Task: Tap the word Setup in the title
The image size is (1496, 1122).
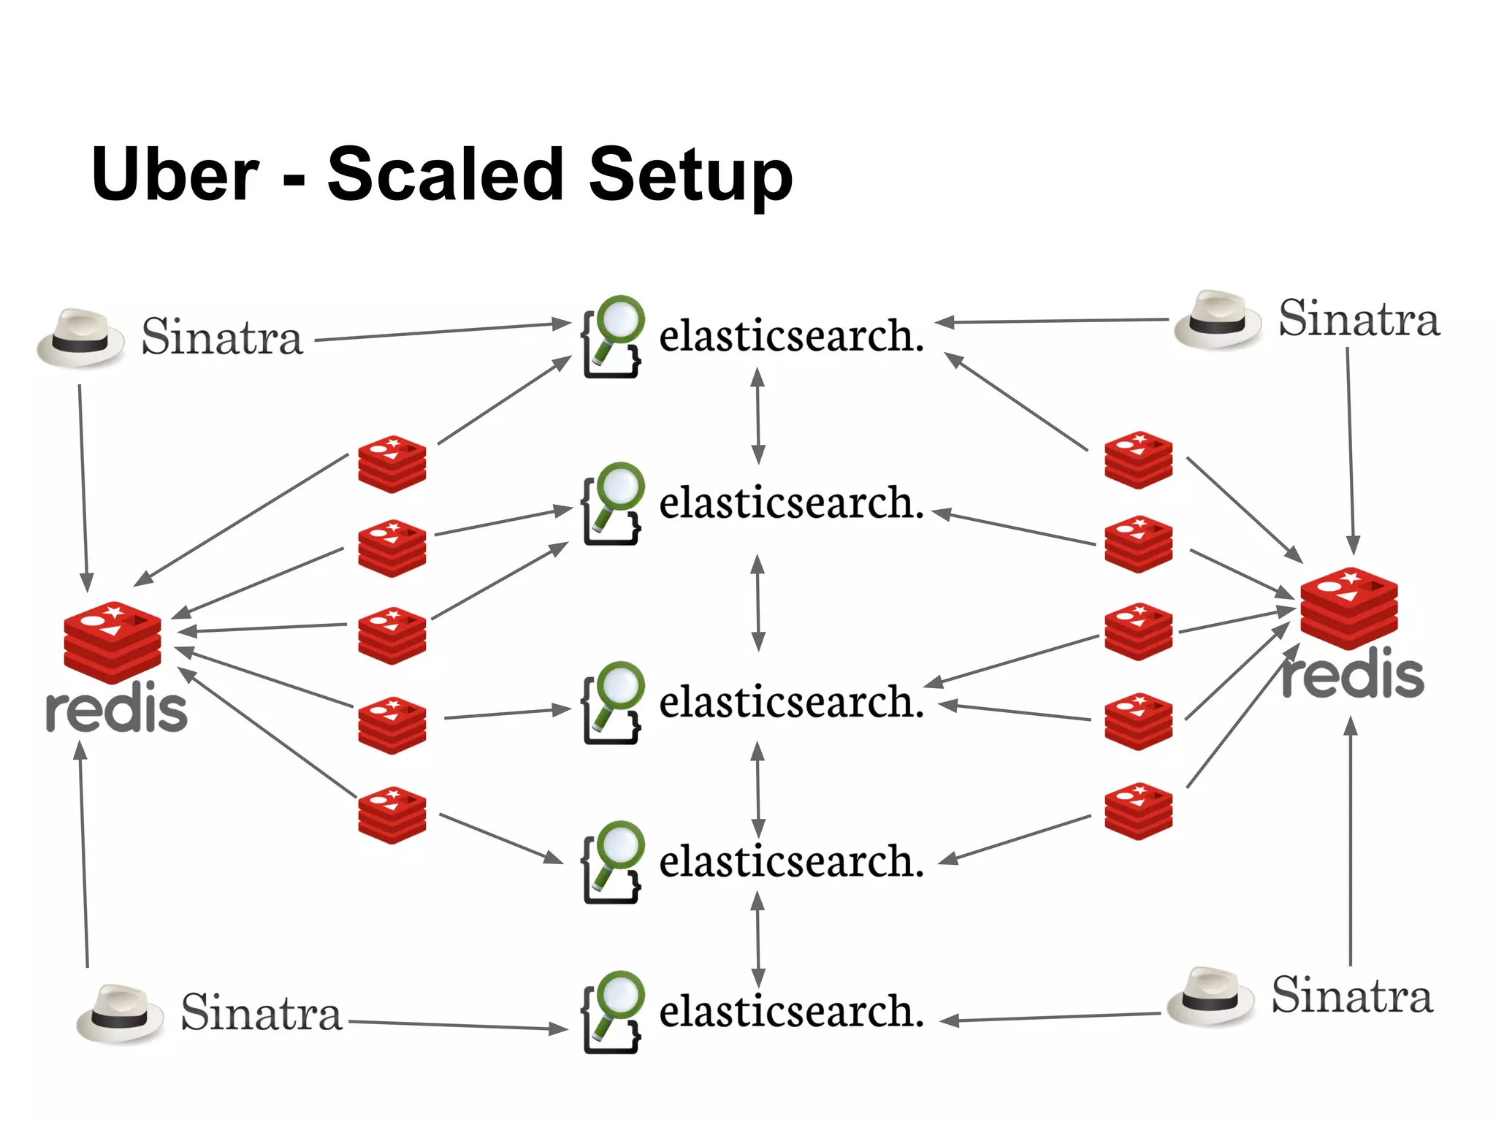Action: point(690,175)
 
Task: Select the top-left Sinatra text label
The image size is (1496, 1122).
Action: point(221,337)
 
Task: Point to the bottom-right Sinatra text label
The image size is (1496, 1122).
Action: point(1351,995)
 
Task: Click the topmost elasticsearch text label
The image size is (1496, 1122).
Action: point(791,336)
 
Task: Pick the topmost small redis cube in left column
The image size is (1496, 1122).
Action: point(392,464)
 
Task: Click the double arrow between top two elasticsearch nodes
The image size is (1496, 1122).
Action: point(758,416)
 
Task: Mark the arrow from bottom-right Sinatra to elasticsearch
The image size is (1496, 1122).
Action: point(1050,1018)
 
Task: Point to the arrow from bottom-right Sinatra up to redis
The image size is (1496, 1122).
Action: point(1351,840)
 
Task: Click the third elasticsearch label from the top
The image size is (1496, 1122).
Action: point(791,702)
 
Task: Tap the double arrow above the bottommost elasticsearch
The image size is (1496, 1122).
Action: point(758,939)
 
